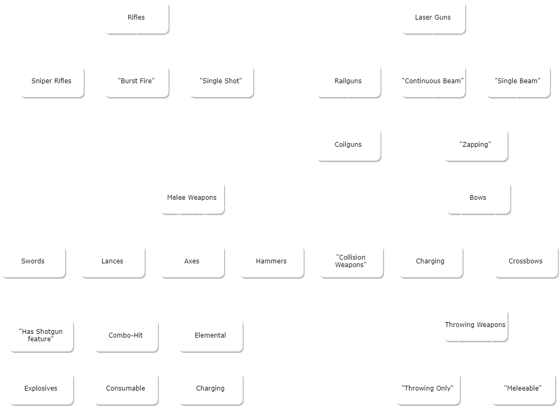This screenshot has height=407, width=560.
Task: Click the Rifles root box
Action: pos(136,17)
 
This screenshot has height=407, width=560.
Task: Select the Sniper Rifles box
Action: pos(51,81)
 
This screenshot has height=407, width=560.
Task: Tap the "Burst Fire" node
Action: pos(136,81)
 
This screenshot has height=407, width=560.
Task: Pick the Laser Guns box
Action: pos(433,17)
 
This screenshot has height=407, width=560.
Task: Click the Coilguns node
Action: pos(348,144)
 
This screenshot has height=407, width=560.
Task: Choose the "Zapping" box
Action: pos(475,144)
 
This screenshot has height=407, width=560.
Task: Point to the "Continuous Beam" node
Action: pos(433,81)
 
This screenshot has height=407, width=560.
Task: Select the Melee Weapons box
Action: pos(192,197)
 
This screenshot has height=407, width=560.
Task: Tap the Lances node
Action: pos(112,261)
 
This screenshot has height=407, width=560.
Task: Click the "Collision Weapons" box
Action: pos(351,261)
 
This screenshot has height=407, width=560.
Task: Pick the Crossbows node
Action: pos(526,261)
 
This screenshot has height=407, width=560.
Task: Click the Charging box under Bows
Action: pos(430,261)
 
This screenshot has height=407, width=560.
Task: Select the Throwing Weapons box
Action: pos(475,324)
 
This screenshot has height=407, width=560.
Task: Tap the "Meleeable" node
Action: pos(523,388)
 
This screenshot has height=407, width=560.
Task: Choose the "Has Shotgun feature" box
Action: pos(41,335)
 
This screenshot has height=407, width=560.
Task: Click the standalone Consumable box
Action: pos(126,388)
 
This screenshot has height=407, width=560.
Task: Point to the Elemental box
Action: pos(210,335)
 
